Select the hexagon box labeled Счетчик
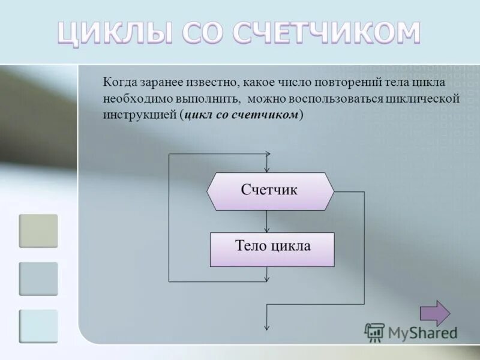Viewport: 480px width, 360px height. [270, 191]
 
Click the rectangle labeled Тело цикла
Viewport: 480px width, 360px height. [272, 249]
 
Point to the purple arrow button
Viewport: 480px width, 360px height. [434, 313]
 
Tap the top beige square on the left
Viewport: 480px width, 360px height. [38, 231]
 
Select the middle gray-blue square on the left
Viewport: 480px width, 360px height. [38, 278]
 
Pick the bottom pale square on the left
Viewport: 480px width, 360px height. [38, 326]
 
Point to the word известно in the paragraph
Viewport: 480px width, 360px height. [216, 82]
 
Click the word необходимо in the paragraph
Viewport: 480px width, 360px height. [131, 98]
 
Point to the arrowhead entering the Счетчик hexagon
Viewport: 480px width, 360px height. [268, 169]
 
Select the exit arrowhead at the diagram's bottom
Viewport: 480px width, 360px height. [268, 326]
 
